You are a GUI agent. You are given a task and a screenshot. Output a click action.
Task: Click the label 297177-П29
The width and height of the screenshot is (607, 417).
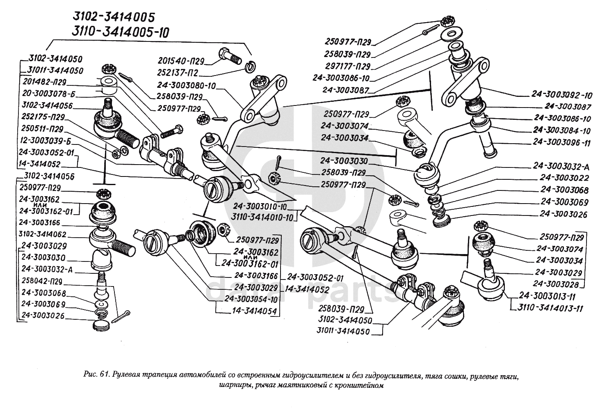pyautogui.click(x=347, y=66)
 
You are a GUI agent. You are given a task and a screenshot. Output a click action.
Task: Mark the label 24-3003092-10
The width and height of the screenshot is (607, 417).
pyautogui.click(x=562, y=95)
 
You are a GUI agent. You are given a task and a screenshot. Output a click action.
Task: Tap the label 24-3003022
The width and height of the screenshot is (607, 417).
pyautogui.click(x=564, y=178)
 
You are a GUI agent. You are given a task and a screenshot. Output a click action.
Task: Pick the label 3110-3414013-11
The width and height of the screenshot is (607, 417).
pyautogui.click(x=551, y=308)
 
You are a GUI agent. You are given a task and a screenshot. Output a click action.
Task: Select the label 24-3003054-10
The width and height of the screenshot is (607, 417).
pyautogui.click(x=251, y=299)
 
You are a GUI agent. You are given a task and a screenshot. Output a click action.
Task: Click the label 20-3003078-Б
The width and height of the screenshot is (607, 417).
pyautogui.click(x=47, y=93)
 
